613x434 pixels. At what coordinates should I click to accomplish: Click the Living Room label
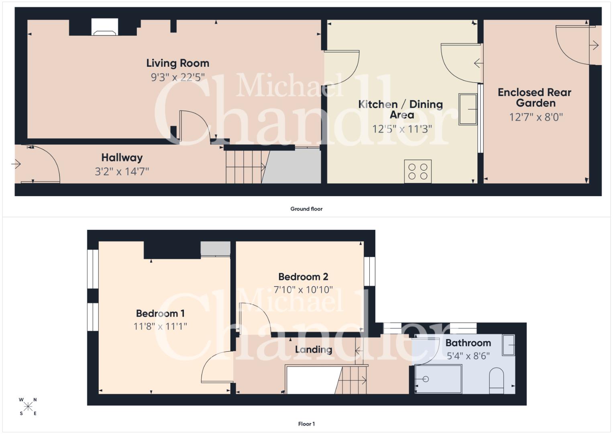click(177, 63)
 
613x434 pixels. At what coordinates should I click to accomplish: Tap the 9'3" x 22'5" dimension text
click(177, 77)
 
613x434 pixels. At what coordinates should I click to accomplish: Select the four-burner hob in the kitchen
click(417, 171)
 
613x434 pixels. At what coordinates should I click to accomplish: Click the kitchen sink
click(468, 109)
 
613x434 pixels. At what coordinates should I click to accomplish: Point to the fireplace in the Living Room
click(104, 27)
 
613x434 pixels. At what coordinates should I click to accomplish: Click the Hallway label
click(122, 158)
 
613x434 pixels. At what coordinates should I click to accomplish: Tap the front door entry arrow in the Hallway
click(16, 164)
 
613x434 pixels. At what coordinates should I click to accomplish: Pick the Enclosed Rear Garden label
click(534, 98)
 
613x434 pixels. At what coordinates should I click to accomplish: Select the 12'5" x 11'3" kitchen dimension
click(402, 129)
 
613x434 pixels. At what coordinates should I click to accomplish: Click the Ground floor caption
click(307, 209)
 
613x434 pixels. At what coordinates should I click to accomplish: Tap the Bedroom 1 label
click(160, 313)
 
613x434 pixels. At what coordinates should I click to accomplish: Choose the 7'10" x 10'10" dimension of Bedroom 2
click(303, 290)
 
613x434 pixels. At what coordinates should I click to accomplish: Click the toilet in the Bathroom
click(496, 381)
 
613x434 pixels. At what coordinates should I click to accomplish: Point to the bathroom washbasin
click(509, 345)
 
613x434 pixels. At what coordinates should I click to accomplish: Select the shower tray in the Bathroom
click(438, 379)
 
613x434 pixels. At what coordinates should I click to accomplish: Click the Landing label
click(314, 350)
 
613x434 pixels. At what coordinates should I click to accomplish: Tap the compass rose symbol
click(28, 407)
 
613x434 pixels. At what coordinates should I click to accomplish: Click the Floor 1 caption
click(307, 424)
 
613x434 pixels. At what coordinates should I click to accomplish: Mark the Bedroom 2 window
click(369, 271)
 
